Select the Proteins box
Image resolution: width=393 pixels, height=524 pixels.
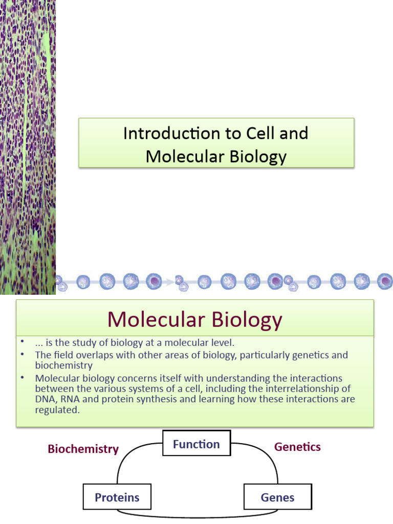117,497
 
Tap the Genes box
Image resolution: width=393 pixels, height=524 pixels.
277,497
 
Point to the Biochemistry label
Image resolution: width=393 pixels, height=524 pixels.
83,449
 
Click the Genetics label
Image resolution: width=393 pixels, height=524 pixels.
297,447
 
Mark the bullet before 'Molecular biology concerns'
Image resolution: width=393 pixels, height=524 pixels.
23,378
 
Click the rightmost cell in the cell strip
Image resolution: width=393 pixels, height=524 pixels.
385,280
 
